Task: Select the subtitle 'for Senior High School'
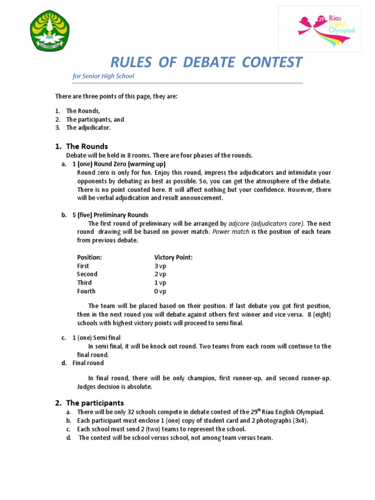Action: coord(103,76)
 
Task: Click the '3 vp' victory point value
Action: coord(160,266)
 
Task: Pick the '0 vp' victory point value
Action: coord(160,292)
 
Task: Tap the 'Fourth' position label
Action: coord(86,292)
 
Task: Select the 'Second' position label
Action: coord(87,274)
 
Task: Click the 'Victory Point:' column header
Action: coord(173,257)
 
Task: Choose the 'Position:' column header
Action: coord(89,257)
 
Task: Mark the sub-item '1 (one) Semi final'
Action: coord(96,338)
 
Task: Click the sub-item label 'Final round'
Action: coord(88,363)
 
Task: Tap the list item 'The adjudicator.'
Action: coord(88,128)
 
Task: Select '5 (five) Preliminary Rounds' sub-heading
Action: coord(110,215)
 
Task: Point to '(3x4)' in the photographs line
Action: coord(299,420)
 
